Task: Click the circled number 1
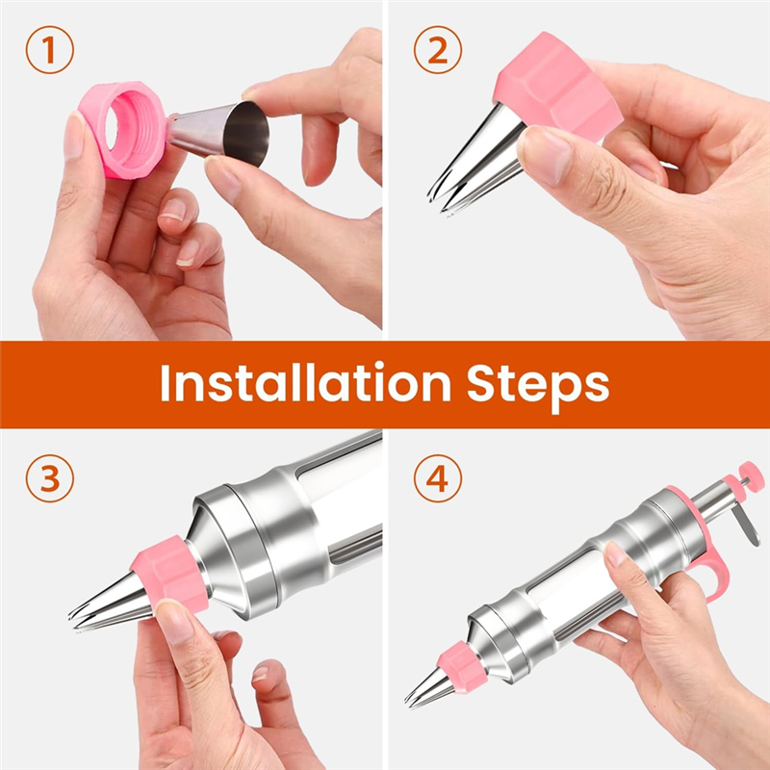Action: (x=50, y=50)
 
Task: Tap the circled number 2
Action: (x=438, y=50)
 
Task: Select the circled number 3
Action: (x=50, y=478)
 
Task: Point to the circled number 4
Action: (x=438, y=478)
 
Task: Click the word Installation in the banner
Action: (x=305, y=382)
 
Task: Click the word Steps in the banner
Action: (x=538, y=386)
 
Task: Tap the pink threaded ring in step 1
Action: (x=123, y=130)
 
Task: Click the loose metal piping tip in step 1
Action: (x=218, y=132)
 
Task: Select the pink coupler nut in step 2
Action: (x=557, y=88)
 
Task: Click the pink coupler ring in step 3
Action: (x=170, y=574)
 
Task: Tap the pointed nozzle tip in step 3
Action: (x=109, y=604)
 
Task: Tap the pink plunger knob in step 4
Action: (x=752, y=475)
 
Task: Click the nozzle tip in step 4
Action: (x=428, y=688)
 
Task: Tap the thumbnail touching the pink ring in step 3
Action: (x=173, y=620)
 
